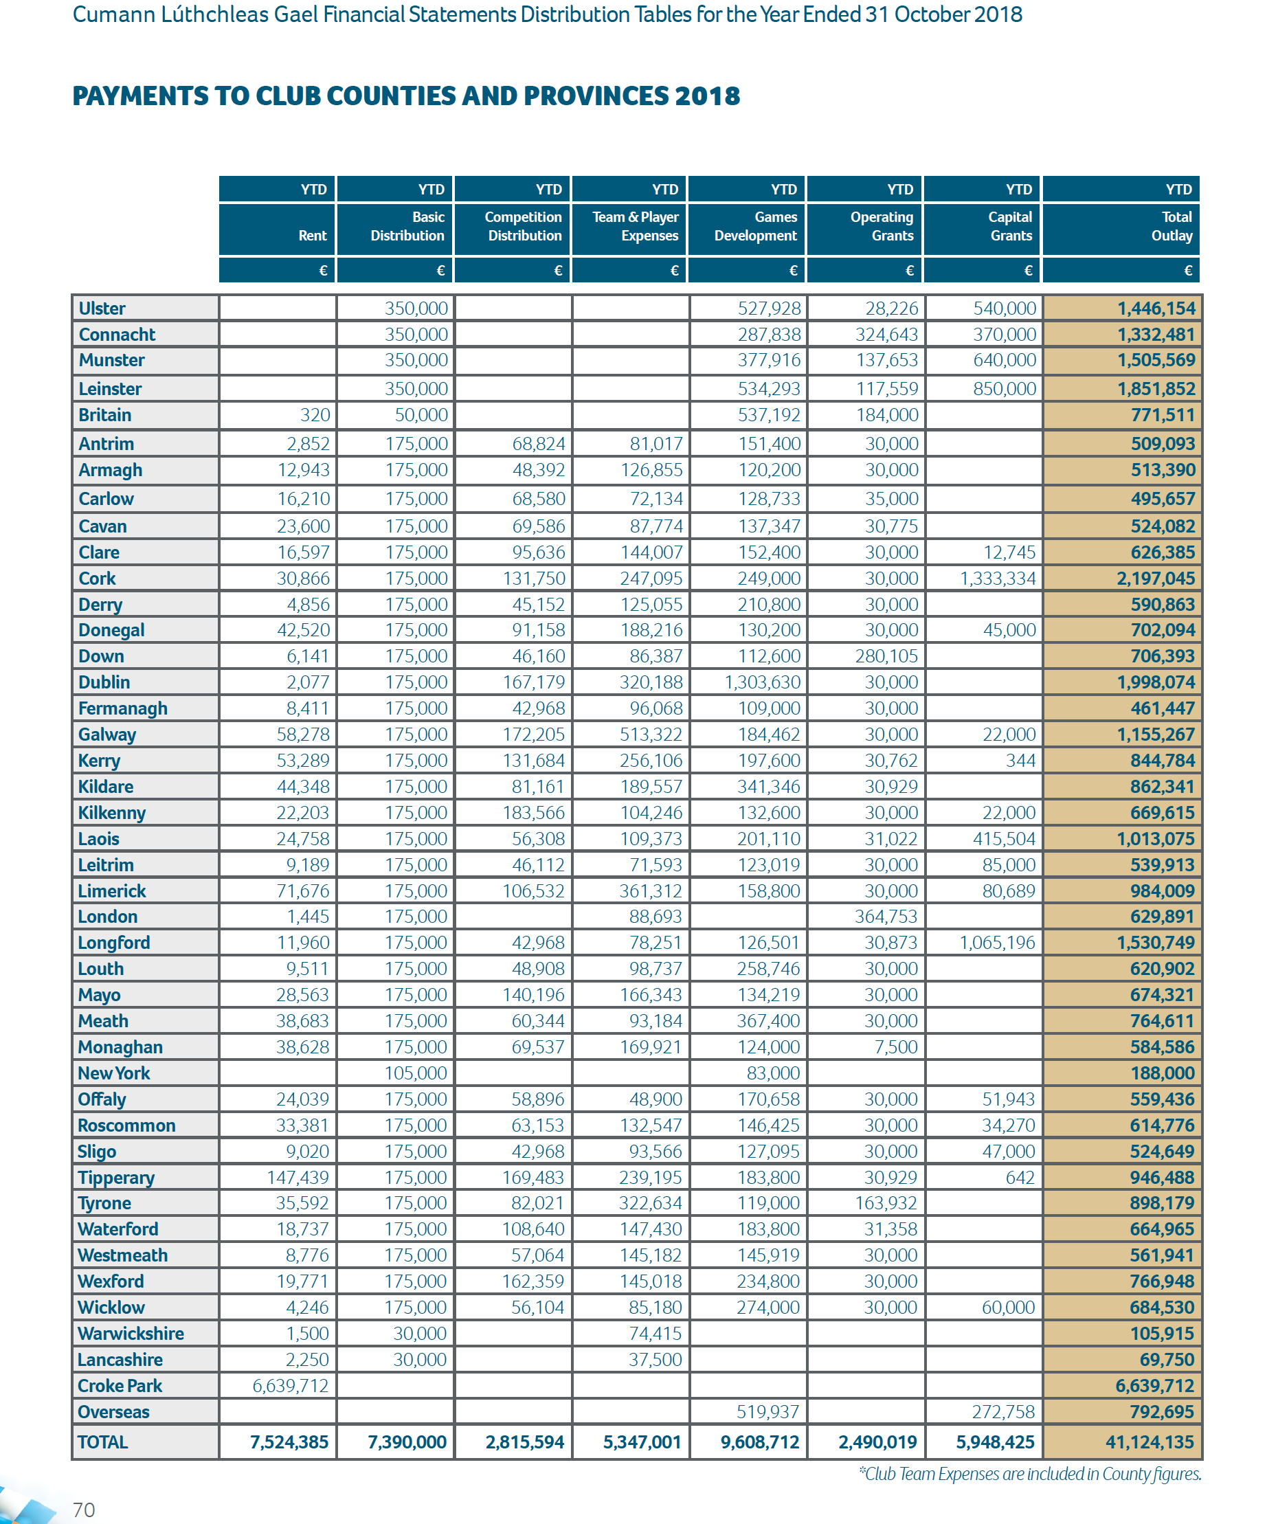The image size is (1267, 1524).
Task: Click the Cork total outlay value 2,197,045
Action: (1155, 579)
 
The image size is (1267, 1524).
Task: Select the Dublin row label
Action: (104, 682)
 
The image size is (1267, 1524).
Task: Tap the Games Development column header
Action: (755, 227)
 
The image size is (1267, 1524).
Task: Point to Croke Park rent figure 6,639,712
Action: (290, 1385)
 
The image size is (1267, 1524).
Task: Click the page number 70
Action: (83, 1510)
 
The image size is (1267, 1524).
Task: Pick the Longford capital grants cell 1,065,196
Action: (997, 943)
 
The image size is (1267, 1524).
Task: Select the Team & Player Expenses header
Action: (636, 227)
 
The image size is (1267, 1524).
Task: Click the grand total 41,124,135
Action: (1150, 1442)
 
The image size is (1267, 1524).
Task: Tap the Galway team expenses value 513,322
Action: (651, 735)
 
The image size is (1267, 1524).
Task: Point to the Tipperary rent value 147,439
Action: (298, 1177)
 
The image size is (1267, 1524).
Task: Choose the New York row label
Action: (114, 1073)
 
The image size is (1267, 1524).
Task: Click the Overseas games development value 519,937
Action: (767, 1411)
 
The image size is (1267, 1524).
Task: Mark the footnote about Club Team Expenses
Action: (1030, 1474)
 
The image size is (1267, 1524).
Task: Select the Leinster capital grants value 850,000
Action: (1005, 389)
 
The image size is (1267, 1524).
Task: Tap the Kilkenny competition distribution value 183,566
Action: (533, 813)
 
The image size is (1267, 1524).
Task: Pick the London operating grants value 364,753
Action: (886, 917)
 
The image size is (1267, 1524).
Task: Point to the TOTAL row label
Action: (103, 1442)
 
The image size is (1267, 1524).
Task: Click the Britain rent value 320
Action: (315, 415)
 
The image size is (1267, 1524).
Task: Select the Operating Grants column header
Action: (882, 227)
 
